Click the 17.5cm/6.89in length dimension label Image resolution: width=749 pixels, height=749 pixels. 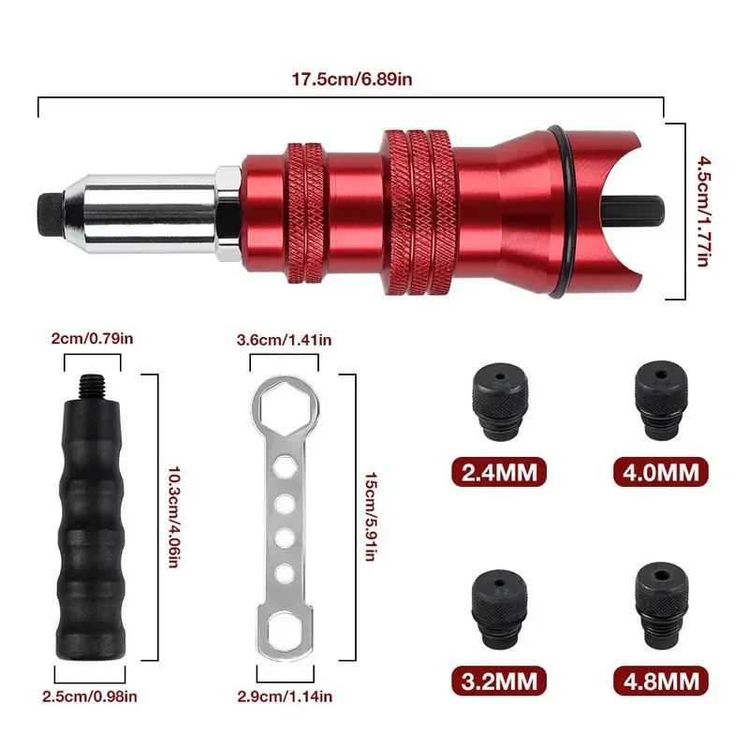pyautogui.click(x=350, y=80)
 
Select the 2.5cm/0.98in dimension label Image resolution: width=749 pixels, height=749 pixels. pyautogui.click(x=90, y=696)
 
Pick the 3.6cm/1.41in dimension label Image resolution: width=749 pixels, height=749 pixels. pyautogui.click(x=283, y=341)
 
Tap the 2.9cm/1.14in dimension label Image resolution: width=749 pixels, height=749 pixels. pyautogui.click(x=283, y=696)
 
